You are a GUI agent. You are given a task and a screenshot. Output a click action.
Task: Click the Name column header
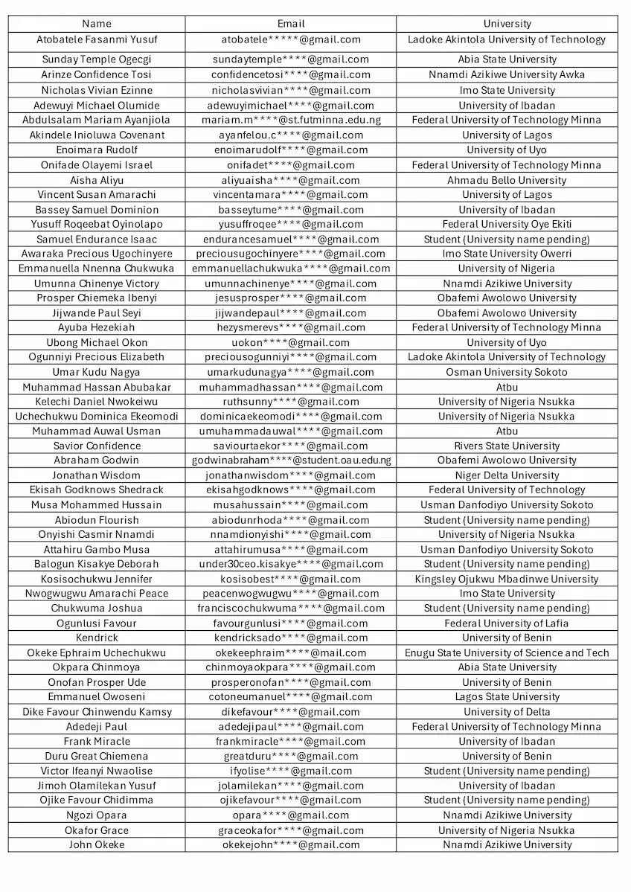tap(97, 24)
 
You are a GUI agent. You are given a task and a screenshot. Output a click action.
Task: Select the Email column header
tap(291, 24)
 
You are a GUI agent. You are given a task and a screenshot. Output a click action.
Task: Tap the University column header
tap(507, 24)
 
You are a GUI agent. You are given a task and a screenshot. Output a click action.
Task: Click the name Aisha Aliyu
tap(97, 180)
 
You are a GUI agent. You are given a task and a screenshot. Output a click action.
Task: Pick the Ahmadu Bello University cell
tap(507, 180)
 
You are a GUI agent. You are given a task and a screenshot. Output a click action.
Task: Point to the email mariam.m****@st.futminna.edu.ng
tap(291, 120)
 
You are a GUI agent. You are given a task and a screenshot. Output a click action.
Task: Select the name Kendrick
tap(97, 638)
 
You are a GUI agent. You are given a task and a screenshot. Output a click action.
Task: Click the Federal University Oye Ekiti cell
tap(507, 224)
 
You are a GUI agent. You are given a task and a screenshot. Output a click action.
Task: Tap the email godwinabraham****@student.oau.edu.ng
tap(291, 461)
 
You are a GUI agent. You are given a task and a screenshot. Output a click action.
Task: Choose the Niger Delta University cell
tap(507, 475)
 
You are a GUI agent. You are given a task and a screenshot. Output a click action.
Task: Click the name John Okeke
tap(97, 844)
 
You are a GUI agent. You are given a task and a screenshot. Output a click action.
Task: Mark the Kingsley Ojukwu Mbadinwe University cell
tap(507, 579)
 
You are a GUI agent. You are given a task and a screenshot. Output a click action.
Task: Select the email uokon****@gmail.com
tap(291, 343)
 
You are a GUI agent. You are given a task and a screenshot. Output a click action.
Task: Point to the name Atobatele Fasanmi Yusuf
tap(97, 39)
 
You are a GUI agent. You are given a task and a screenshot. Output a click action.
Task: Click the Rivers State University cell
tap(507, 446)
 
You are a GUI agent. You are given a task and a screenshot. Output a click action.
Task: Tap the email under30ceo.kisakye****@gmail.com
tap(291, 564)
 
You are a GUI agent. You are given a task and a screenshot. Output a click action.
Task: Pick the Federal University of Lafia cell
tap(507, 623)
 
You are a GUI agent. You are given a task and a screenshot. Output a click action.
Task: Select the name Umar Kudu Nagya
tap(97, 372)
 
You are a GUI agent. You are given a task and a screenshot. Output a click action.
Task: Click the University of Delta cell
tap(507, 712)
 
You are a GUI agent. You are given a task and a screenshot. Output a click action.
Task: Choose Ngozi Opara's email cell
tap(291, 815)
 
